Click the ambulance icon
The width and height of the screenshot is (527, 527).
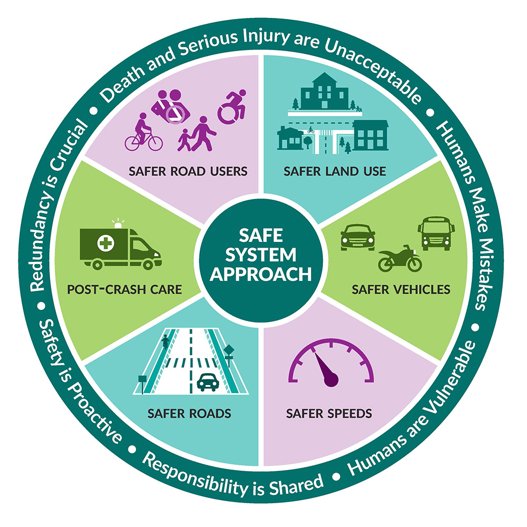click(x=120, y=246)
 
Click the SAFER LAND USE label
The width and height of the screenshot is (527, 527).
click(x=334, y=171)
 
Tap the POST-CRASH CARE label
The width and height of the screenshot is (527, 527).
click(x=124, y=289)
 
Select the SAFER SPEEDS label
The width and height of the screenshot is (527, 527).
click(x=329, y=413)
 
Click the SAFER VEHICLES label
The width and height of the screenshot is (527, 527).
click(x=401, y=289)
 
